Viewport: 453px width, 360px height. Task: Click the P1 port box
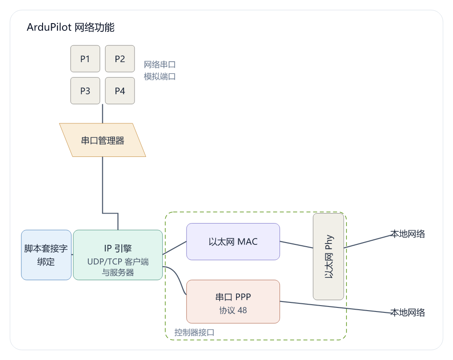tap(85, 58)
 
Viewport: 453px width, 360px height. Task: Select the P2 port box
tap(120, 58)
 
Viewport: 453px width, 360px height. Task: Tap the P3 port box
tap(85, 91)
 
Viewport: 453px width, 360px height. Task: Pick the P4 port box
tap(120, 91)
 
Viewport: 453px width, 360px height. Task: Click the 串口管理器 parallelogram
tap(102, 140)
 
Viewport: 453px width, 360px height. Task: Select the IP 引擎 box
tap(118, 255)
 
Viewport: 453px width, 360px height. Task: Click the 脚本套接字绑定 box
tap(46, 255)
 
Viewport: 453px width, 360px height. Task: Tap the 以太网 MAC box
tap(233, 242)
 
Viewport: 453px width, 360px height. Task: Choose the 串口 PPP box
tap(233, 302)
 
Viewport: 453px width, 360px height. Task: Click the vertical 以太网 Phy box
tap(328, 257)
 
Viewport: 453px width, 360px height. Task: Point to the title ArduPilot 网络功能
tap(71, 27)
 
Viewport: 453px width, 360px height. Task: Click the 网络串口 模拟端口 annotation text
tap(160, 71)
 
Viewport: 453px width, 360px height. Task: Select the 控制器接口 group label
tap(194, 332)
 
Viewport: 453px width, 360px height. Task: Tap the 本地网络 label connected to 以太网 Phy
tap(408, 234)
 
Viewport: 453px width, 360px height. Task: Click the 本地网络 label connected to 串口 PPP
tap(408, 312)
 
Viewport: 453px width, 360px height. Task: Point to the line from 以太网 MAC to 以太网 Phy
tap(296, 245)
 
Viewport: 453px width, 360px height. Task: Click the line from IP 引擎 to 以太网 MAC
tap(174, 248)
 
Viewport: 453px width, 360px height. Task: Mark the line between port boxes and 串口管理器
tap(102, 114)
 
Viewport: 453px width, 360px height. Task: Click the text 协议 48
tap(233, 310)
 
